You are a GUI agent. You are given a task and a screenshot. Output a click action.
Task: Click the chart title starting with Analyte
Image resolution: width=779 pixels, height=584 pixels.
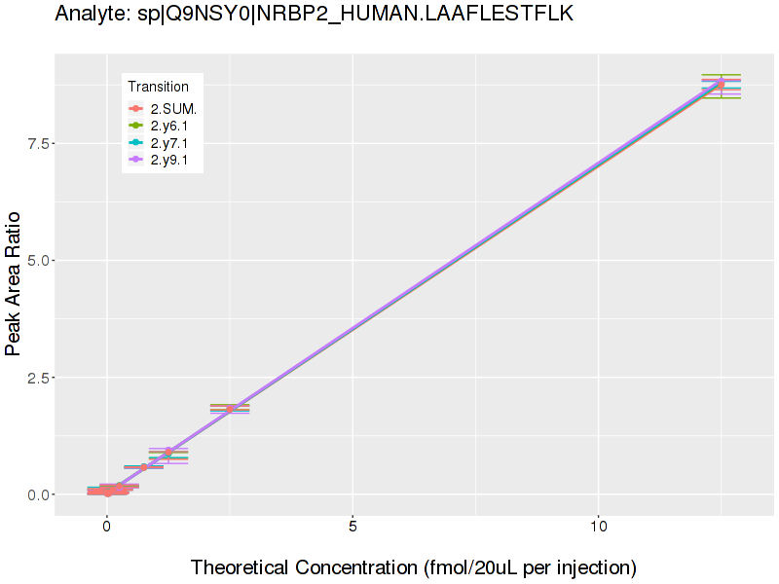[x=315, y=14]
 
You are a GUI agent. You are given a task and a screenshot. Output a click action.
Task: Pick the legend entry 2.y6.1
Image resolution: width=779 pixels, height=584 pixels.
[x=172, y=126]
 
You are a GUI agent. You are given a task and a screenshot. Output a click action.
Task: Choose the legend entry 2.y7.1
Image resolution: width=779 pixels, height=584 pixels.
[x=172, y=143]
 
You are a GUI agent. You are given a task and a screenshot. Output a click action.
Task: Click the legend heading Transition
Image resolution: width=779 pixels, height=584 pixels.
[x=159, y=87]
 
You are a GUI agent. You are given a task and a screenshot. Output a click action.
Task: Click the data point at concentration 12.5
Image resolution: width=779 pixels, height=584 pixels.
[x=721, y=85]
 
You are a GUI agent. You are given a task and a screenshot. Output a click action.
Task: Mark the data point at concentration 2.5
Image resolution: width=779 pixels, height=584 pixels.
[x=230, y=409]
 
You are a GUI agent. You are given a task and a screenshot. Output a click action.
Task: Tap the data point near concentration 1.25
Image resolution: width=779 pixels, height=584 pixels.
[x=168, y=453]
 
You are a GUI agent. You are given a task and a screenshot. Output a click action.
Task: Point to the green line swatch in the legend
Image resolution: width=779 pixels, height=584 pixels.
[x=137, y=126]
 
